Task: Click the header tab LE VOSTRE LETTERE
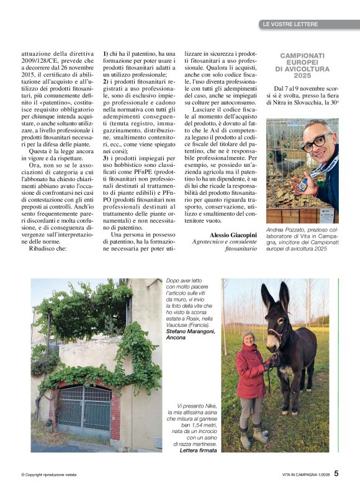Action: pos(290,24)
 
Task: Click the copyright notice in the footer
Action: pos(49,475)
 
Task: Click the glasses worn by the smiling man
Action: pos(317,141)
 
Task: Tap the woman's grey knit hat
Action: pos(248,333)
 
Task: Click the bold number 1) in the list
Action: pos(106,54)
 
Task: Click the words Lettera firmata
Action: pos(198,450)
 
